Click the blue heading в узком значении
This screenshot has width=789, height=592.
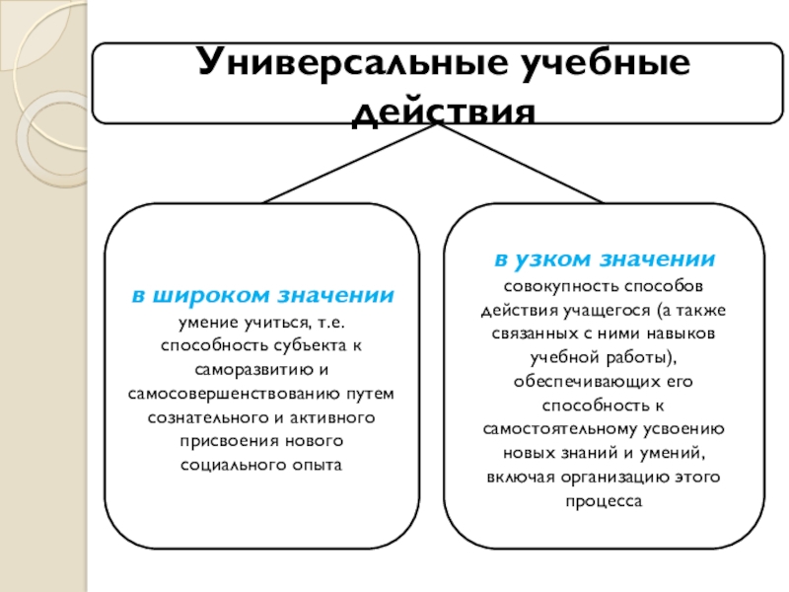[605, 260]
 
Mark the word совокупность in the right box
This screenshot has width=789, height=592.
[550, 287]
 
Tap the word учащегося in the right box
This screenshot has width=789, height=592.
[595, 311]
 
